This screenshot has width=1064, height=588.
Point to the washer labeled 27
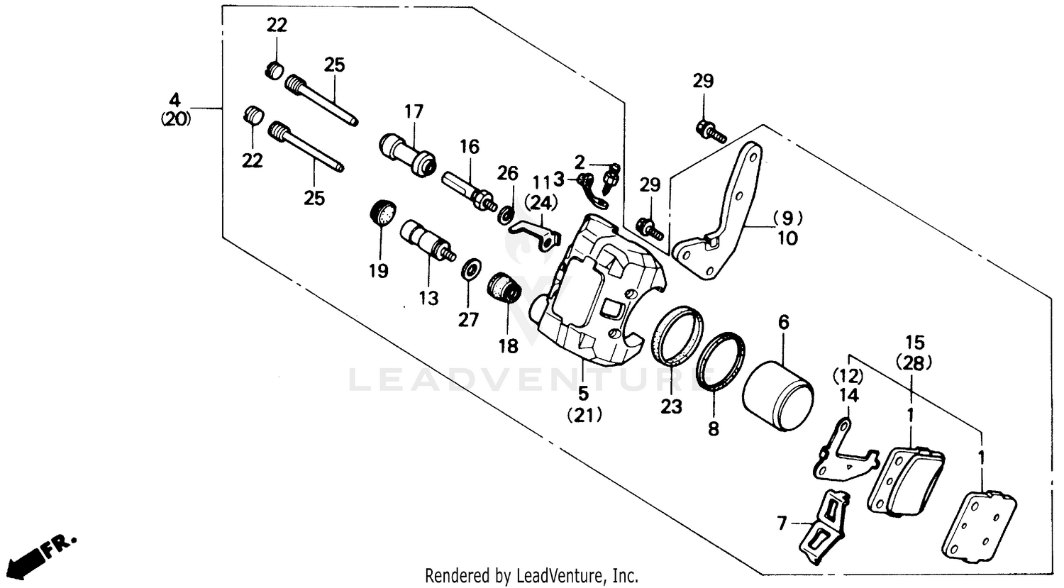pyautogui.click(x=470, y=270)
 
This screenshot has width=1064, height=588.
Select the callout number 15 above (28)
pyautogui.click(x=915, y=342)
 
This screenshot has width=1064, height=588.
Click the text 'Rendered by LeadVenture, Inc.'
pyautogui.click(x=531, y=575)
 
